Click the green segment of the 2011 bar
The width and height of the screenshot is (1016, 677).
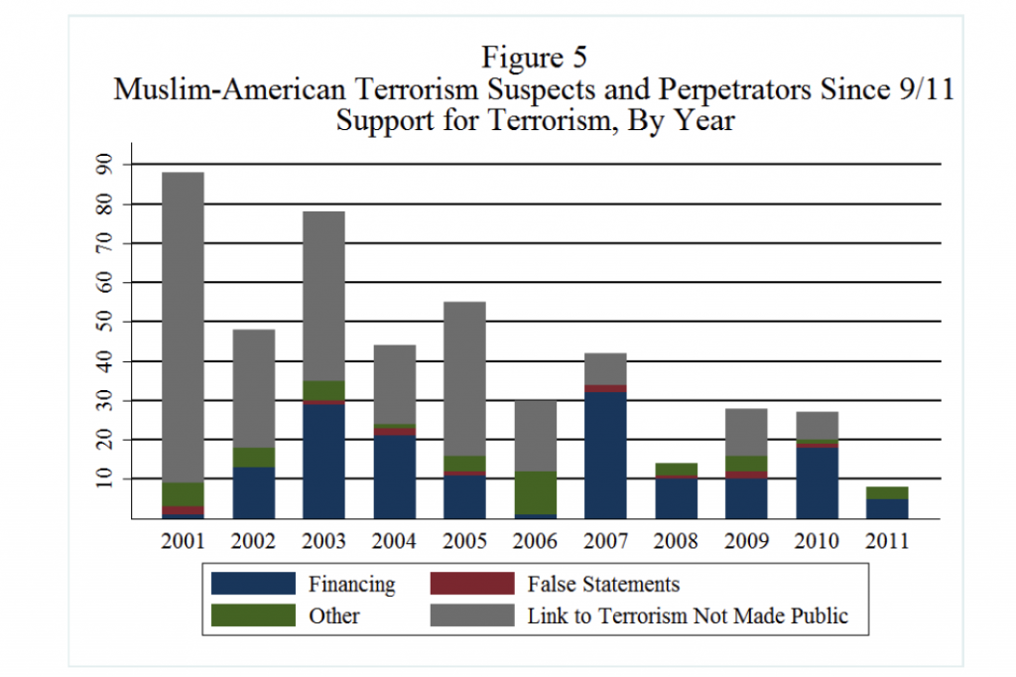click(x=887, y=493)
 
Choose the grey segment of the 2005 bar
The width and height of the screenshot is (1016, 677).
click(x=464, y=378)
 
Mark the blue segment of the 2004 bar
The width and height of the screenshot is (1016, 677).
click(x=394, y=476)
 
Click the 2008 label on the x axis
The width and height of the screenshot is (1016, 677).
click(x=676, y=542)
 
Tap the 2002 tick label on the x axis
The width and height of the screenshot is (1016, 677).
click(x=253, y=542)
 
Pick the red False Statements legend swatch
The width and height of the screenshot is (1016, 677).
click(x=472, y=584)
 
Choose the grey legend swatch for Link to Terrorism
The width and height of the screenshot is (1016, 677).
click(x=472, y=615)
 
